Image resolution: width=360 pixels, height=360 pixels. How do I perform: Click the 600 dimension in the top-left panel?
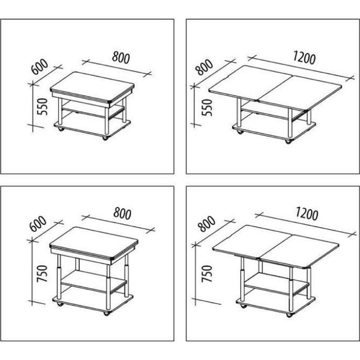[40, 66]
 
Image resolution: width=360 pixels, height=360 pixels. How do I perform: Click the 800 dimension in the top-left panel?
[121, 58]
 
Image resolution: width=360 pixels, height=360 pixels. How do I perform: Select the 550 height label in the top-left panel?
[43, 106]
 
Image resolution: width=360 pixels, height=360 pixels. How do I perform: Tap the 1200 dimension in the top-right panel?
[304, 58]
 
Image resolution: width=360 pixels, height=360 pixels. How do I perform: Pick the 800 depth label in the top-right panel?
[205, 67]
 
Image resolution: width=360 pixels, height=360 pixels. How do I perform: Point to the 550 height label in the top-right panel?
[207, 107]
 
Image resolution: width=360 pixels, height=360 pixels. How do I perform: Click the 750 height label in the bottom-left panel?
[43, 273]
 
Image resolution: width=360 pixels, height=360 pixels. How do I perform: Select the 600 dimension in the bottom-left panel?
[39, 224]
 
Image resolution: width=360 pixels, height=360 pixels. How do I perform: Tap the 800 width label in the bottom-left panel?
[122, 214]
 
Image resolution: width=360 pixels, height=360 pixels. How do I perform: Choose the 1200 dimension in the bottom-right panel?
[307, 214]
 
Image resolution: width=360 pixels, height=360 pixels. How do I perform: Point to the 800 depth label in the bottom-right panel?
[207, 224]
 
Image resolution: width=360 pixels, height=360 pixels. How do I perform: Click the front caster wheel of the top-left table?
[105, 138]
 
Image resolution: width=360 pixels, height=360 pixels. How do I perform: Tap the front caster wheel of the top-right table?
[288, 141]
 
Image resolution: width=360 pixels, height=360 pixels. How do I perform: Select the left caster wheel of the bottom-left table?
[60, 304]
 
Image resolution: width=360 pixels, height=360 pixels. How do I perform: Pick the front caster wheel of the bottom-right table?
[290, 315]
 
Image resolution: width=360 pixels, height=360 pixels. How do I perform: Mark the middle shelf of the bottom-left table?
[94, 281]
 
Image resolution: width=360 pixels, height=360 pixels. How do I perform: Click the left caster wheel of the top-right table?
[240, 132]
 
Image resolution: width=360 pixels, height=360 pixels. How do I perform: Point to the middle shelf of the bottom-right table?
[277, 284]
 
